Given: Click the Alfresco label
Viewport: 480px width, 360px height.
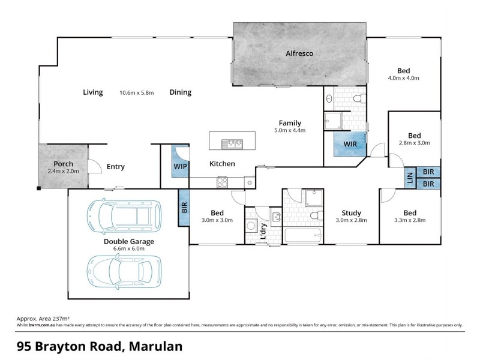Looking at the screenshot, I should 299,53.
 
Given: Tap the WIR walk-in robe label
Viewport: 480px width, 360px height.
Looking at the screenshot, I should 350,145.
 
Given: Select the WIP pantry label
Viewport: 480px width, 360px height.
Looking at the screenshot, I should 180,166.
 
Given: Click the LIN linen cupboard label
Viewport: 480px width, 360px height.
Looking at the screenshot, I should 410,178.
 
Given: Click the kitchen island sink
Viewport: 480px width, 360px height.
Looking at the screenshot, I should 232,143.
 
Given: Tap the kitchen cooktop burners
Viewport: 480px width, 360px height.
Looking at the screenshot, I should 222,182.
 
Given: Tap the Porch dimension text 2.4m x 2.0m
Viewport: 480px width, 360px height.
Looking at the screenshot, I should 64,172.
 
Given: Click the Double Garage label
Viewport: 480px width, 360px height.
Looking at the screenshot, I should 129,242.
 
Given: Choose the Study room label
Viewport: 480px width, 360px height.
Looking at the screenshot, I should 351,212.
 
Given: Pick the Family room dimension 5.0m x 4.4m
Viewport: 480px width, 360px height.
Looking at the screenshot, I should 290,130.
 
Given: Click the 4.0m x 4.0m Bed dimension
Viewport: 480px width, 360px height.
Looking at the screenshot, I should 403,78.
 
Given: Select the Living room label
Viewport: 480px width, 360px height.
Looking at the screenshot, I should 93,92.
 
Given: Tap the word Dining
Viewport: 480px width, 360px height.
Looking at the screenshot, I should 180,92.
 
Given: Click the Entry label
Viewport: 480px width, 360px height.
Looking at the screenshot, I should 115,167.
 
